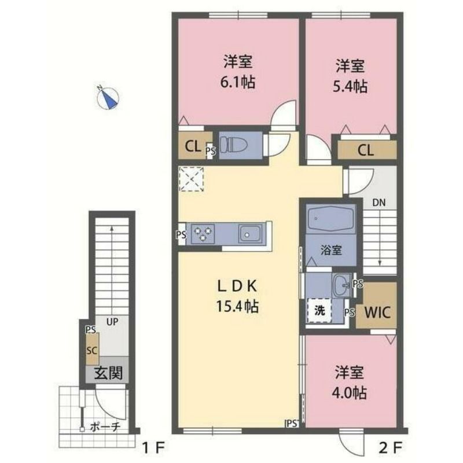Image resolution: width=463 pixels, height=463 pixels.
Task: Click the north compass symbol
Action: coord(108,98)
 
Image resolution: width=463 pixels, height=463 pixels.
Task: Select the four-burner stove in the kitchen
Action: coord(203,233)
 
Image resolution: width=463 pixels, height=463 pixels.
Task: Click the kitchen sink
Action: coord(251,234)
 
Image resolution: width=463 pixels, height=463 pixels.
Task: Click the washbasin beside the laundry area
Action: coord(341,284)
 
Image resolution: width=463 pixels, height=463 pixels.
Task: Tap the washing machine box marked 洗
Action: coord(319,310)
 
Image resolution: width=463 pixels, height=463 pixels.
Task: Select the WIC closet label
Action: coord(377,313)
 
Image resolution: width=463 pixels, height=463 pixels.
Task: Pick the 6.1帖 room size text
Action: coord(237,82)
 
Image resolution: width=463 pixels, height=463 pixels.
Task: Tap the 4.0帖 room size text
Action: coord(349,392)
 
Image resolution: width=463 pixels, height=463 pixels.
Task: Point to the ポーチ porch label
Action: coord(105,428)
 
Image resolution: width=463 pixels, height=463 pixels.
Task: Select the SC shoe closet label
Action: coord(91,351)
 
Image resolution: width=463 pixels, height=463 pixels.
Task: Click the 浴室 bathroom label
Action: coord(331,251)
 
